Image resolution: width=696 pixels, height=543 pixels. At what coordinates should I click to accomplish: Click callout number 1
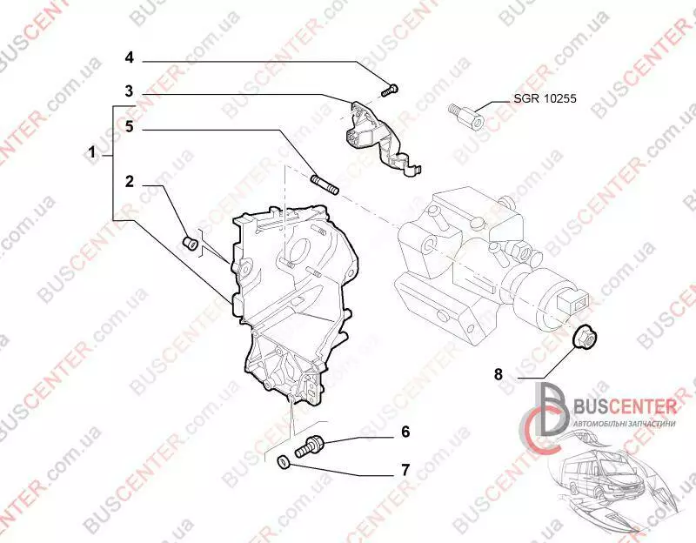(92, 153)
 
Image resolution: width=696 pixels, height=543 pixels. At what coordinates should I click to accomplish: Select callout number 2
(129, 182)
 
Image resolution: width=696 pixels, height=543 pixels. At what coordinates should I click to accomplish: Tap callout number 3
(128, 90)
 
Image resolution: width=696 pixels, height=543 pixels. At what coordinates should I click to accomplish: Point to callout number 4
(129, 58)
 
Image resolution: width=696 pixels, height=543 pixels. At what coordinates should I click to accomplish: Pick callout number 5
(129, 127)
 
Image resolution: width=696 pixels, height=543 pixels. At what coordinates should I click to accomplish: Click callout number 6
(405, 432)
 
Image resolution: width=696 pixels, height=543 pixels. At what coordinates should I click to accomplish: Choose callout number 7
(405, 470)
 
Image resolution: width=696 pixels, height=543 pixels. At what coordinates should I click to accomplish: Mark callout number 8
(498, 375)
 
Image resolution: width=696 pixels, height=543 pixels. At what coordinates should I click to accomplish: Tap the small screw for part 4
(389, 88)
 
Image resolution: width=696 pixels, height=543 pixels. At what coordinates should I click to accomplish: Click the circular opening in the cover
(296, 251)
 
